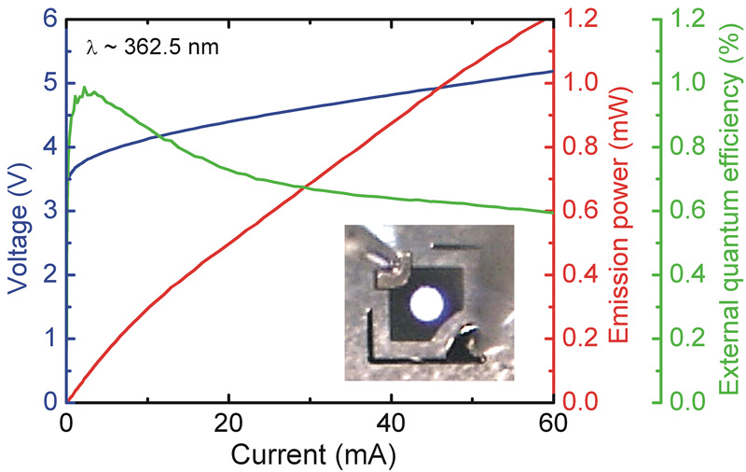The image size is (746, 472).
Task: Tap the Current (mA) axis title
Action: pos(310,454)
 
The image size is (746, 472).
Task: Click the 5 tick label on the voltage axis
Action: pos(49,83)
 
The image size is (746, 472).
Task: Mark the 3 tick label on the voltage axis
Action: pos(49,211)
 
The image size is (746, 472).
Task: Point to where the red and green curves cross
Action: pos(304,187)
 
